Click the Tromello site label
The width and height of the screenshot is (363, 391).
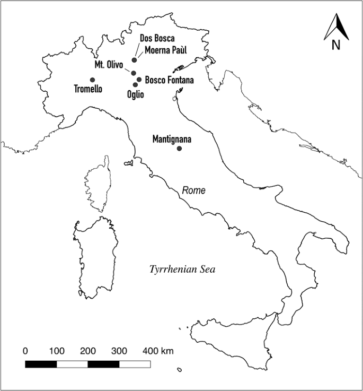point(88,89)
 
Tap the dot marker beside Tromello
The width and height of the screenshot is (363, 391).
point(93,80)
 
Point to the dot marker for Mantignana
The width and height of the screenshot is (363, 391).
point(179,148)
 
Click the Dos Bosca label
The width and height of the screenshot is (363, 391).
point(157,38)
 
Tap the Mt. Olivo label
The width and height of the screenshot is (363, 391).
point(109,65)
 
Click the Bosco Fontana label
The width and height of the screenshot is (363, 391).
point(169,80)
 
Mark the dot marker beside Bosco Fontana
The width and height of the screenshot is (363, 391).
point(139,80)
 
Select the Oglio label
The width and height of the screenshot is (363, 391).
point(136,94)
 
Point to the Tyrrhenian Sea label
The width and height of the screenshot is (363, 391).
point(182,270)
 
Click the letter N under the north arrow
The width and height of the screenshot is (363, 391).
point(336,45)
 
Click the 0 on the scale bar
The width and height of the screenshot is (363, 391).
point(25,351)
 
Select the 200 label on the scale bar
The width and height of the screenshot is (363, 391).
point(88,351)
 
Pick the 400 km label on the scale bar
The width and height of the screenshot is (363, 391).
point(158,351)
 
